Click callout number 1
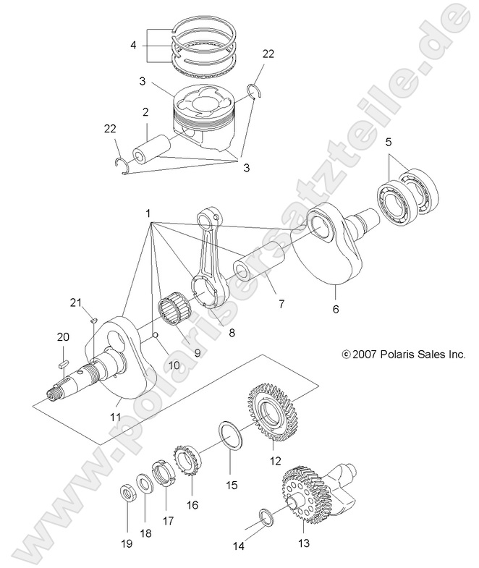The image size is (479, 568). point(148,214)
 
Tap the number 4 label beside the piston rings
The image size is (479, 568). point(133,45)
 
